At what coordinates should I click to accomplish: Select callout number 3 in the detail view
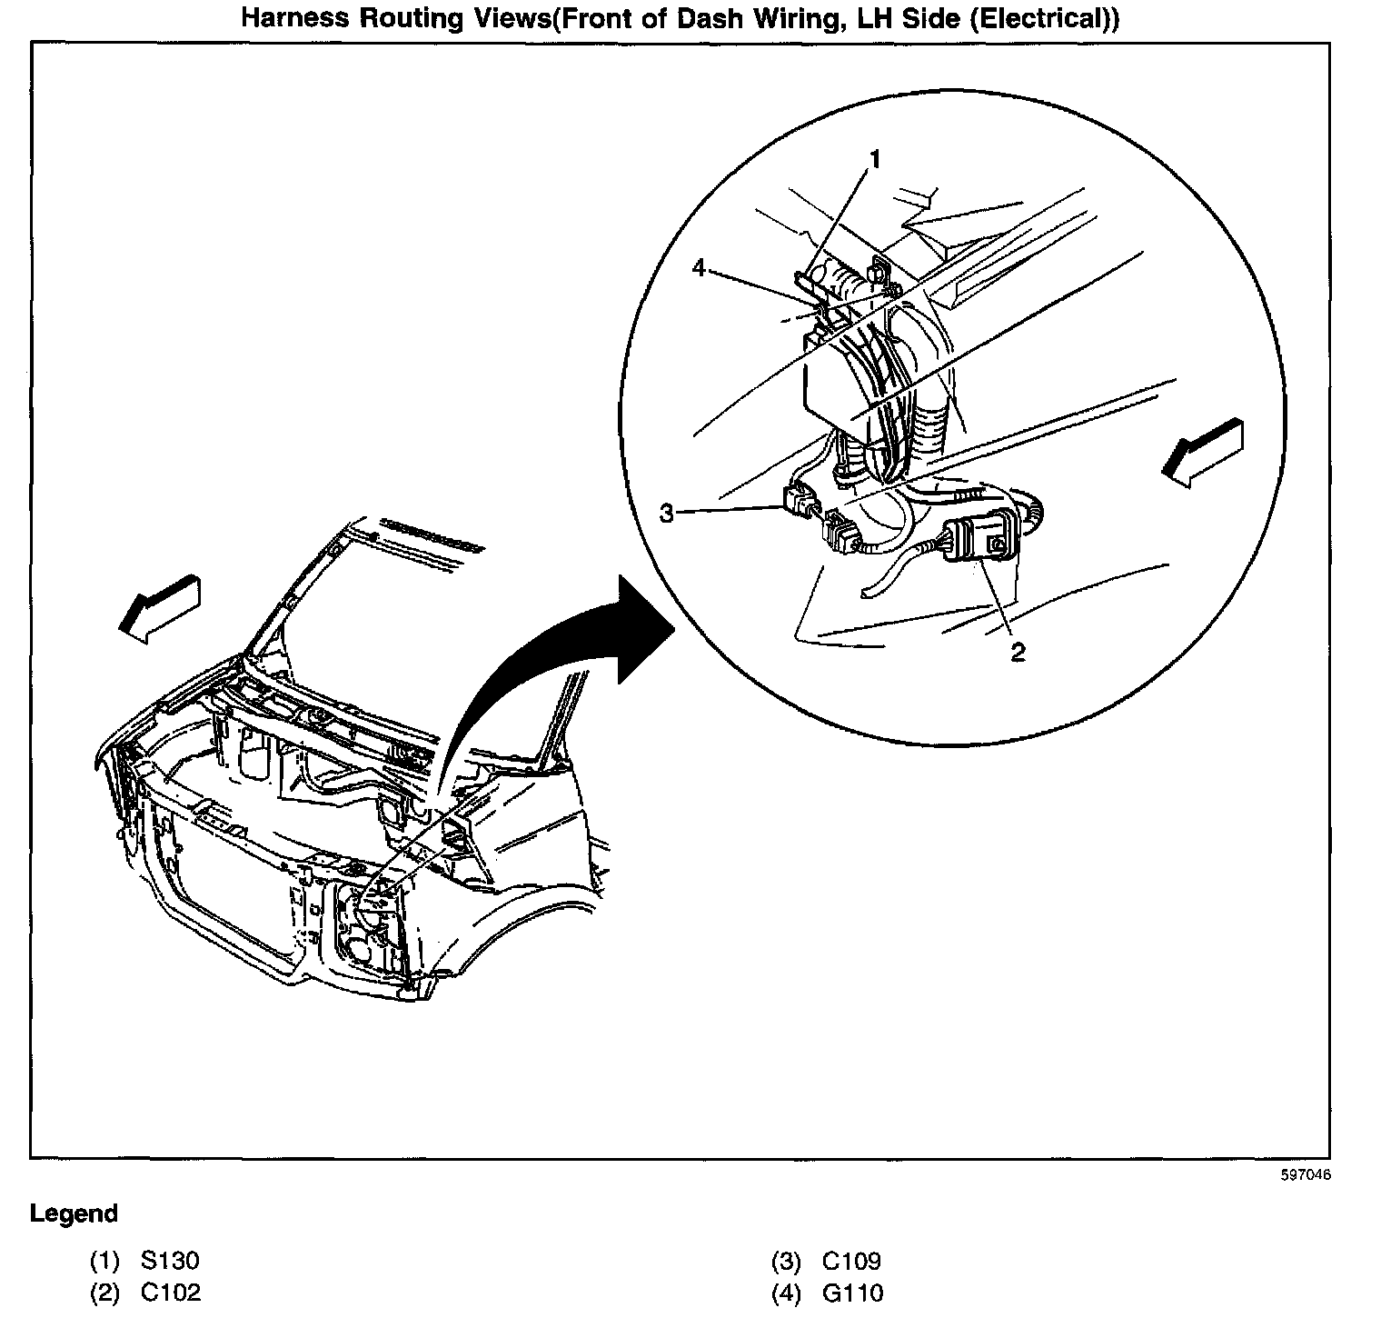668,514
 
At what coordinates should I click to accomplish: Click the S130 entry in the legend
170,1261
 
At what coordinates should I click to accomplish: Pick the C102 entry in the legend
170,1293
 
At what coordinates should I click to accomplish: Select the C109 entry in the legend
851,1261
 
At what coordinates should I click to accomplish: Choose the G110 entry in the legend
851,1293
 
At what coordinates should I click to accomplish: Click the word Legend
74,1213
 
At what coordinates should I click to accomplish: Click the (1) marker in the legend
104,1261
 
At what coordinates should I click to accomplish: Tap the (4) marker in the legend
786,1293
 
